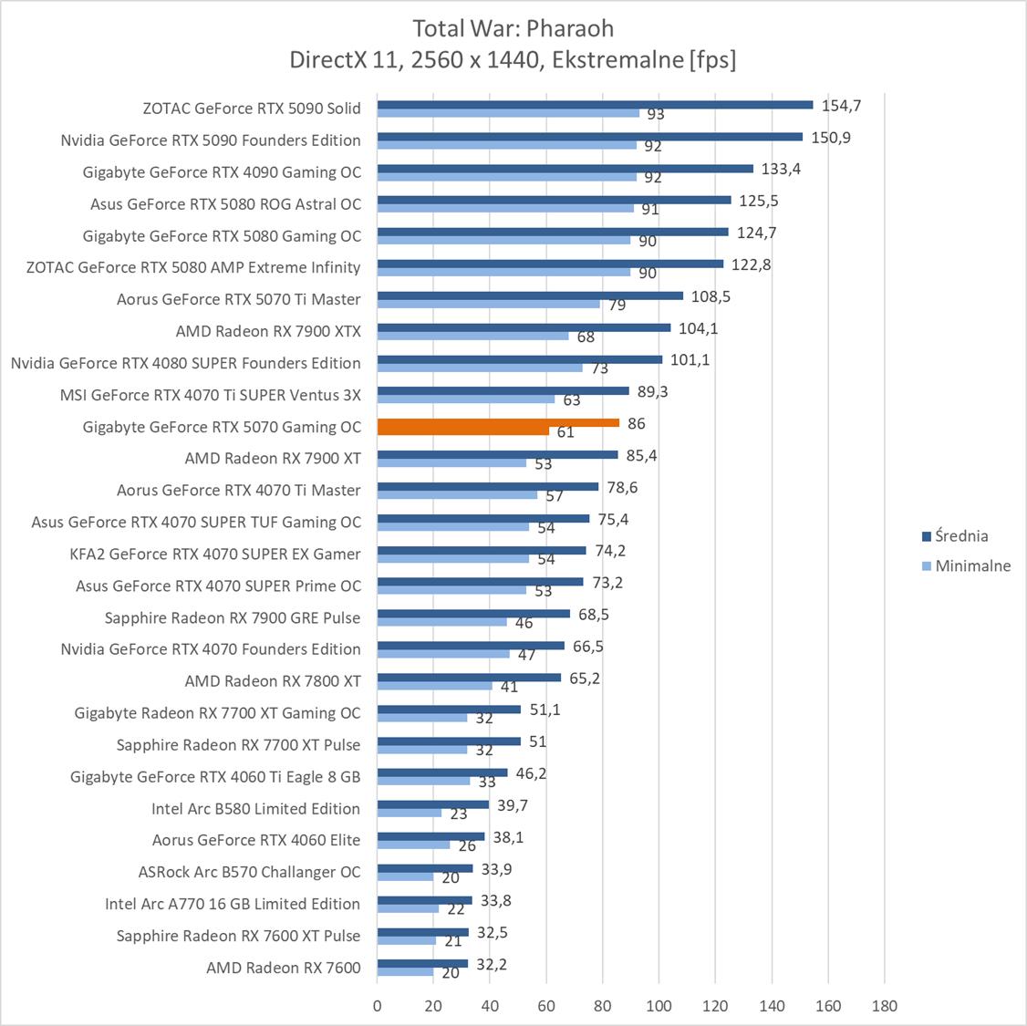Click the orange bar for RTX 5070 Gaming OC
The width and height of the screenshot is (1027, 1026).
pyautogui.click(x=498, y=423)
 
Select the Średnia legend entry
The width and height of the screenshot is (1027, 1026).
pyautogui.click(x=961, y=536)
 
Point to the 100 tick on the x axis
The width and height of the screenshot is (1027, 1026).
pyautogui.click(x=659, y=1006)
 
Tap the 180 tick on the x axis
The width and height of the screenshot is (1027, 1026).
pyautogui.click(x=885, y=1006)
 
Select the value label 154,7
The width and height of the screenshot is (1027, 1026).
pyautogui.click(x=841, y=105)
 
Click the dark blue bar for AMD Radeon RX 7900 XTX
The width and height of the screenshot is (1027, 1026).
pyautogui.click(x=524, y=327)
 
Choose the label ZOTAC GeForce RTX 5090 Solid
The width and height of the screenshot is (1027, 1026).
pyautogui.click(x=252, y=108)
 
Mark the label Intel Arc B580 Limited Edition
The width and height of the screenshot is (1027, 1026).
pyautogui.click(x=255, y=808)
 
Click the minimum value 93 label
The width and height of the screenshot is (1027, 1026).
pyautogui.click(x=655, y=115)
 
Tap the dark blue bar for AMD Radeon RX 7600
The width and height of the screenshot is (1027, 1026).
pyautogui.click(x=422, y=963)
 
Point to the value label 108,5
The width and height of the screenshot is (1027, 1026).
pyautogui.click(x=711, y=296)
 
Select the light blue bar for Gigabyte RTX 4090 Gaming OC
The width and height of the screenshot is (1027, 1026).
pyautogui.click(x=507, y=177)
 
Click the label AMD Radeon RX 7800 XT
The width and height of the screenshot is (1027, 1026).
pyautogui.click(x=273, y=680)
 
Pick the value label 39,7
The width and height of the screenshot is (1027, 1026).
pyautogui.click(x=509, y=805)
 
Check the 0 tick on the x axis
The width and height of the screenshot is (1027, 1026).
pyautogui.click(x=378, y=1006)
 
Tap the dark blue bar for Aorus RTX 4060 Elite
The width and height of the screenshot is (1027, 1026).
pyautogui.click(x=431, y=836)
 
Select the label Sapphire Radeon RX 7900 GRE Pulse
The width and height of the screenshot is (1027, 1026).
pyautogui.click(x=233, y=617)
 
